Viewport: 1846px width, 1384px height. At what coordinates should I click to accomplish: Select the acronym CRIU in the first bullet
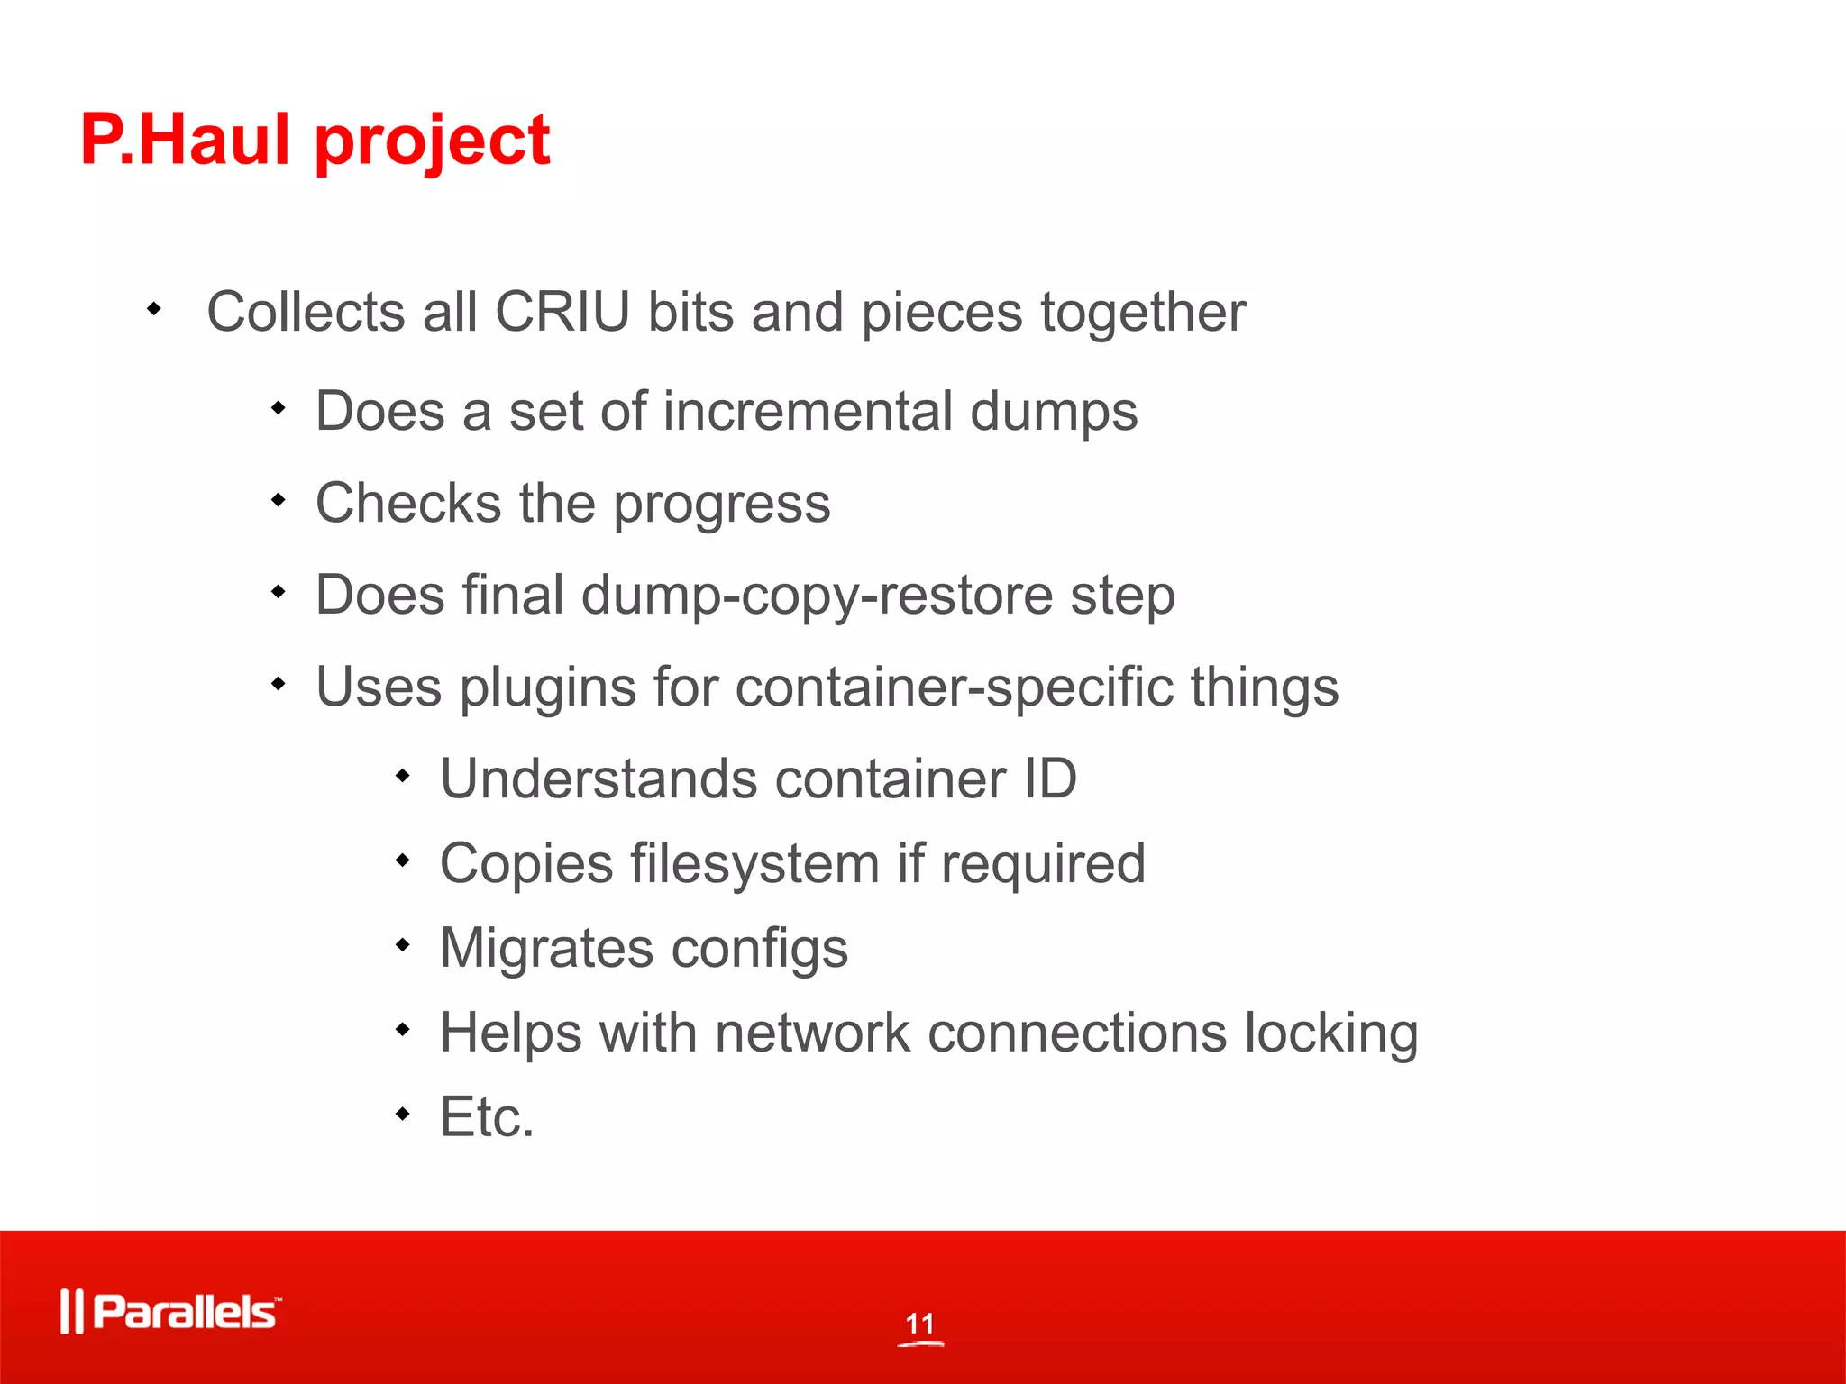[x=562, y=313]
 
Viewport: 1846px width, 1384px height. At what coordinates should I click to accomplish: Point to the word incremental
[x=808, y=412]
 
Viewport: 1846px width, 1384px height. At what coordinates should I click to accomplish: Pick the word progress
[x=722, y=505]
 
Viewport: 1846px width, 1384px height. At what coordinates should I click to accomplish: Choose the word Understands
[x=599, y=778]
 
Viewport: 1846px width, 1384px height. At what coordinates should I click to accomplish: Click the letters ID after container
[x=1050, y=778]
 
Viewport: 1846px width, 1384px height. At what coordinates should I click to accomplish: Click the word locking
[x=1331, y=1033]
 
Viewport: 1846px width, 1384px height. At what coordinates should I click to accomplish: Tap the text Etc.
[x=487, y=1117]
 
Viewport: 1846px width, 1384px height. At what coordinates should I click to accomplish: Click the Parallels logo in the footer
[x=171, y=1311]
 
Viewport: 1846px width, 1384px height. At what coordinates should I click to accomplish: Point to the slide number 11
[x=920, y=1324]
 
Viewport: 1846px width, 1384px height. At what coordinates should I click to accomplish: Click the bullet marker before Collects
[x=154, y=309]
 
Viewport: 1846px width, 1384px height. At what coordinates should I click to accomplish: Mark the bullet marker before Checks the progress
[x=279, y=499]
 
